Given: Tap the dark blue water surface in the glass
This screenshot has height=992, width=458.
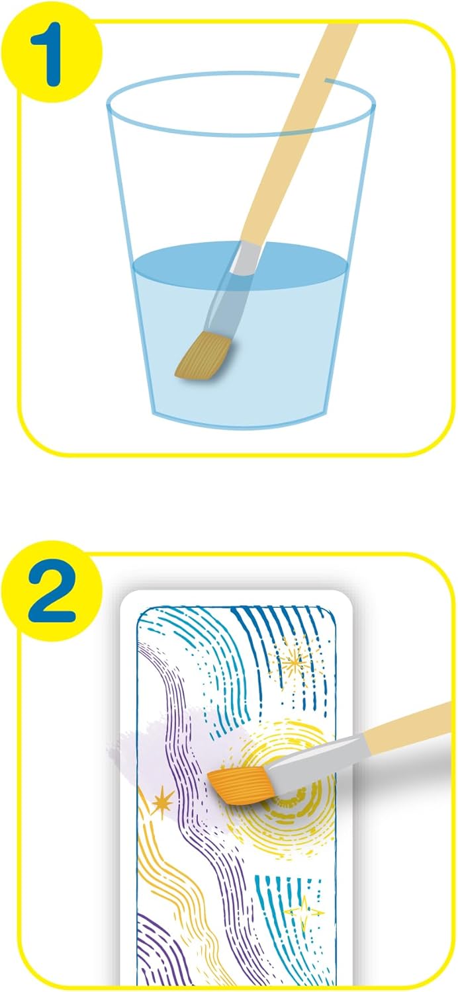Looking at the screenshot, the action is (240, 261).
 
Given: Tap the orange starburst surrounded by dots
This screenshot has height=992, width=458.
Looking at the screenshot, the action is (294, 662).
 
